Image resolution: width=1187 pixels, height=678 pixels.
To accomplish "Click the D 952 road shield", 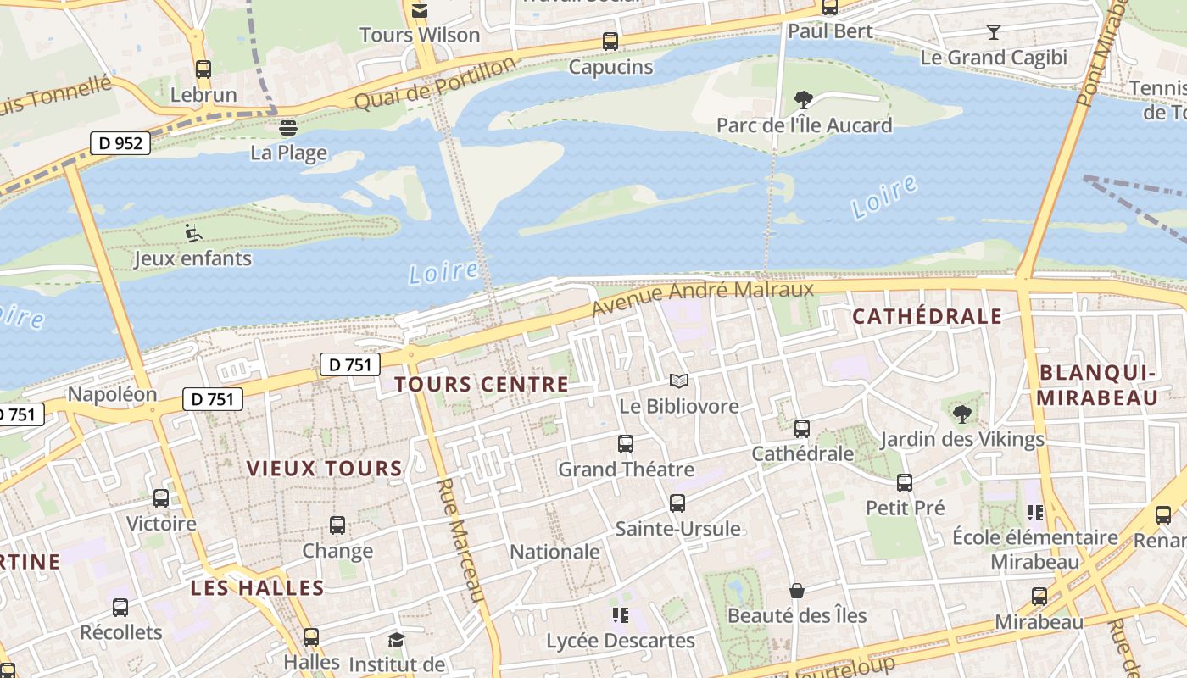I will pos(120,143).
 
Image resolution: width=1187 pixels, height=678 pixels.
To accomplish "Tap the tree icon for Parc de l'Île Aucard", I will pos(803,100).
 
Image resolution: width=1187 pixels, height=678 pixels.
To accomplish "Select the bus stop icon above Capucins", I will pos(610,41).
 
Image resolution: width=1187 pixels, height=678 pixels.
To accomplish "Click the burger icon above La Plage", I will pos(288,128).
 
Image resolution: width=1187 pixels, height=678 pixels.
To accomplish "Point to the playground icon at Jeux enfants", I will pos(193,232).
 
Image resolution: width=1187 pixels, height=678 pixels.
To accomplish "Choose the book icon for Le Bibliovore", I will pos(678,381).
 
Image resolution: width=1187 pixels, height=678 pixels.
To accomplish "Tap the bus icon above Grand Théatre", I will pos(626,443).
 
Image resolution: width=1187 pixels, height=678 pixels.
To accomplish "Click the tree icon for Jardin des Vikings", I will pos(961,414).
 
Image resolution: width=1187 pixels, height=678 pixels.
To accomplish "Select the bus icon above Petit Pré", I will pos(905,483).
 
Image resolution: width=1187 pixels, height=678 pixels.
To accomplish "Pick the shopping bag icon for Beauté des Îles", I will pos(796,590).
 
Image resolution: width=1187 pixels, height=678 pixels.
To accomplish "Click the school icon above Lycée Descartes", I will pos(620,615).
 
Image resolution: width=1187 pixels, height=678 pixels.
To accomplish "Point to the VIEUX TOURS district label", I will pos(324,469).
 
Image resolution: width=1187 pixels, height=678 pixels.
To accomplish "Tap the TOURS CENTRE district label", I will pos(482,385).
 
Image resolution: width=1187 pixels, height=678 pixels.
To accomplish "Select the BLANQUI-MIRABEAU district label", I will pos(1098,386).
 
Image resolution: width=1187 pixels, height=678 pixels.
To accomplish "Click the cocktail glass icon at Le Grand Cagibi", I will pos(994,32).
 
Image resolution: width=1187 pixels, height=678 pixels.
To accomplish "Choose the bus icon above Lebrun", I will pos(203,69).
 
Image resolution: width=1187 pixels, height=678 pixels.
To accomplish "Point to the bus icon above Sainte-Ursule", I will pos(677,503).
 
